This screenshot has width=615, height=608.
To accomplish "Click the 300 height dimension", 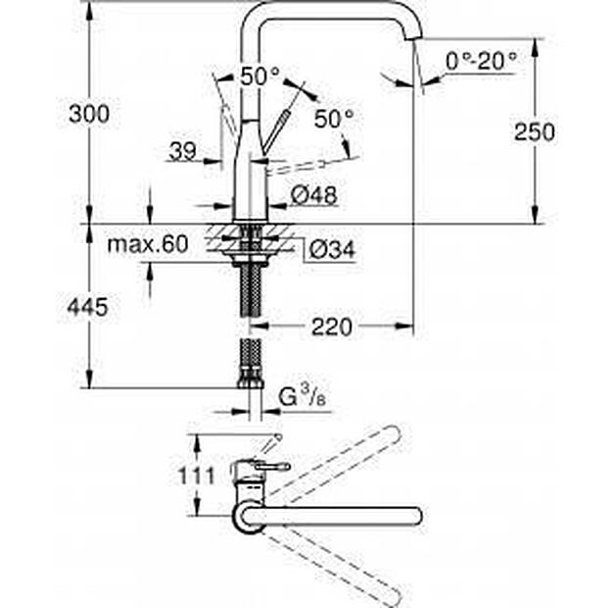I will (89, 114).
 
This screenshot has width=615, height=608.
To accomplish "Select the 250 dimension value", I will (535, 131).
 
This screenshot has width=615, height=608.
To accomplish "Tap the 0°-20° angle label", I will (480, 62).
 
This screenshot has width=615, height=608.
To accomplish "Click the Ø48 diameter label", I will (314, 196).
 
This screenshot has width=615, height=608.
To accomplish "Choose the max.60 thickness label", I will (147, 244).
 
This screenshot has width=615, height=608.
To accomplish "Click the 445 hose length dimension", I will (89, 308).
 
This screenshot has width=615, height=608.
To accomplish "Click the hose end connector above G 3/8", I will (249, 364).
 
